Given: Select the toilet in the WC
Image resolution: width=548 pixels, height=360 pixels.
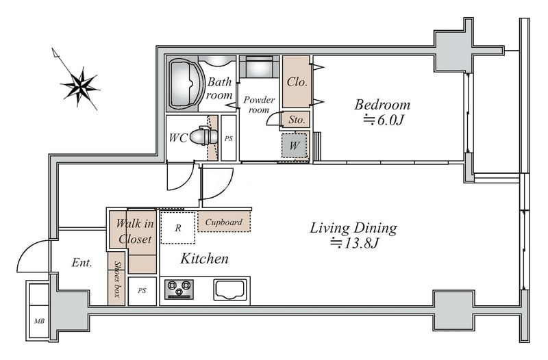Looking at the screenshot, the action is pyautogui.click(x=203, y=136).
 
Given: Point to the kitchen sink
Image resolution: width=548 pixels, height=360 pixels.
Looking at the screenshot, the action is pyautogui.click(x=230, y=290).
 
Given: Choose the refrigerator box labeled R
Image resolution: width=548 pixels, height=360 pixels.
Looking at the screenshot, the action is pyautogui.click(x=178, y=228).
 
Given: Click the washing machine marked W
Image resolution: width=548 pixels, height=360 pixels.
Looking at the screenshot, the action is pyautogui.click(x=294, y=145).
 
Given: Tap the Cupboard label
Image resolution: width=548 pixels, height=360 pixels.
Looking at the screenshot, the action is pyautogui.click(x=224, y=222).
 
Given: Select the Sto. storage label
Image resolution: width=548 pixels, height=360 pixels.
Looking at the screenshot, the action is pyautogui.click(x=297, y=120).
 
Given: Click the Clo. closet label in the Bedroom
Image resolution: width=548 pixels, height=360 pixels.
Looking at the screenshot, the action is pyautogui.click(x=297, y=82).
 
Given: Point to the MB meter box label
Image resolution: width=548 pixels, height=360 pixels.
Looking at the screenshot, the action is pyautogui.click(x=39, y=321).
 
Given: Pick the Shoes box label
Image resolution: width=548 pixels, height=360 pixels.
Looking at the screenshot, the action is pyautogui.click(x=117, y=279).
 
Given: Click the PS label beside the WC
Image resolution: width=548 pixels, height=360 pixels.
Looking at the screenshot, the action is pyautogui.click(x=229, y=139).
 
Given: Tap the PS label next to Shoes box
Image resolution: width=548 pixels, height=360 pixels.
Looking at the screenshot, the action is pyautogui.click(x=142, y=290).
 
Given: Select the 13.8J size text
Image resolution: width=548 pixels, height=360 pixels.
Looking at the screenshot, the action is pyautogui.click(x=355, y=243).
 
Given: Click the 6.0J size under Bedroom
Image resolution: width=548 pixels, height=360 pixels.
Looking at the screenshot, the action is pyautogui.click(x=384, y=120).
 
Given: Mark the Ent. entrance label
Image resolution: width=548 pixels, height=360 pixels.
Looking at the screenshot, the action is pyautogui.click(x=82, y=262).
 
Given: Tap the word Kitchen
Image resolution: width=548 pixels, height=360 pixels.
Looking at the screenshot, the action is pyautogui.click(x=204, y=259).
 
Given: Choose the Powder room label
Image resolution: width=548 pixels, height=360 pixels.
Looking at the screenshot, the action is pyautogui.click(x=259, y=105).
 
